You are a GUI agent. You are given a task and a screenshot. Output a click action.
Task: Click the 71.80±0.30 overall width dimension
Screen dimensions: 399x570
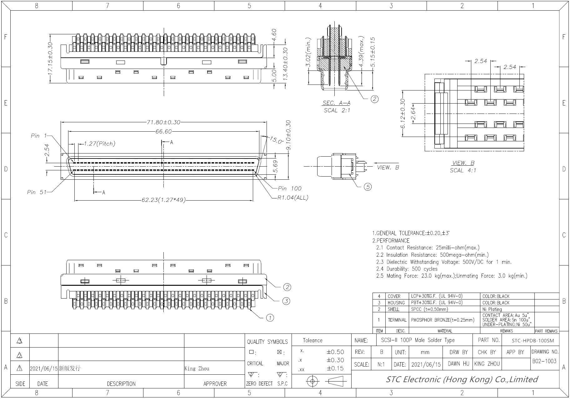(x=163, y=122)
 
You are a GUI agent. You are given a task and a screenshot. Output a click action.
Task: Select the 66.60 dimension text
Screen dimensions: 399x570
(x=163, y=132)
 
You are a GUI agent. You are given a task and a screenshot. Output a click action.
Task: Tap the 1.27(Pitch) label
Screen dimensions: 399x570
(x=100, y=144)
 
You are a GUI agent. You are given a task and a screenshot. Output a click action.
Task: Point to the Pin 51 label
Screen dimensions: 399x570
(x=37, y=192)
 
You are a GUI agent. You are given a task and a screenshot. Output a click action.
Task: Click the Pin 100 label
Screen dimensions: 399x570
(x=290, y=188)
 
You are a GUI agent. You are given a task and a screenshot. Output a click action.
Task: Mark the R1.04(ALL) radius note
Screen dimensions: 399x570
(x=293, y=198)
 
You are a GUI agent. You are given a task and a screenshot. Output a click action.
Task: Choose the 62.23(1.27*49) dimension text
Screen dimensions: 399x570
(x=163, y=200)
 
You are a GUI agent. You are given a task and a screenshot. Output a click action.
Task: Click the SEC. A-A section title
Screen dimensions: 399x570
(x=337, y=103)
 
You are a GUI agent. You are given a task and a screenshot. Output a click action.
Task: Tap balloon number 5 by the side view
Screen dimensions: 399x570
(x=368, y=187)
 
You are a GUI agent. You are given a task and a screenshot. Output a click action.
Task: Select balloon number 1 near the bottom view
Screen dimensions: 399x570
(x=270, y=318)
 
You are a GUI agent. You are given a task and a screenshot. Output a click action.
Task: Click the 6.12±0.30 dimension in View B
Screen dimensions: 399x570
(x=403, y=114)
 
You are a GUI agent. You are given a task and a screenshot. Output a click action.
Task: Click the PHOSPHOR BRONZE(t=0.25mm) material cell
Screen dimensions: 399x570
(x=442, y=320)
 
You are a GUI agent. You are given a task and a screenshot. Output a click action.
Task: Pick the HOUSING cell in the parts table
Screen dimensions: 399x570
(x=396, y=303)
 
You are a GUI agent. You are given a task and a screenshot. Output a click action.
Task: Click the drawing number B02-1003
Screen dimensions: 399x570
(x=544, y=361)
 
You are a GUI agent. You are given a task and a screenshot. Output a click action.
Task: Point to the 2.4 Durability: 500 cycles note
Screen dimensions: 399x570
(x=407, y=269)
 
